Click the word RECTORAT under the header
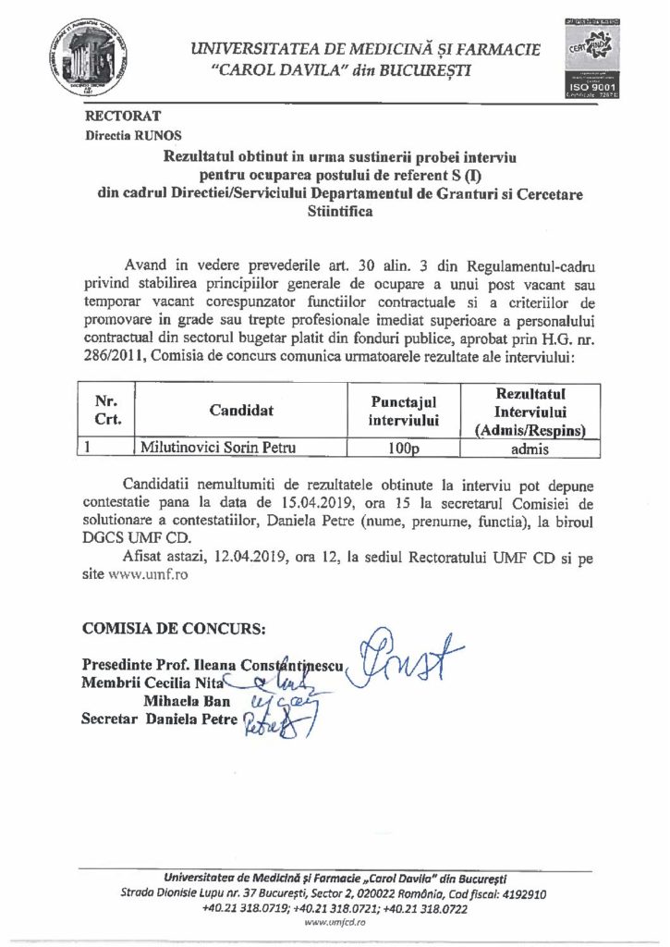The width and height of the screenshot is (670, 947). (x=123, y=117)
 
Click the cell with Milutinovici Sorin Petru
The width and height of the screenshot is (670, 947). (x=210, y=449)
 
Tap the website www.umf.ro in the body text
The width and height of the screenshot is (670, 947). (x=146, y=573)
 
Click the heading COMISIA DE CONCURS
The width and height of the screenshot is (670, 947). (x=173, y=629)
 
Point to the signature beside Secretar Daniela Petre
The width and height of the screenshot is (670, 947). (x=270, y=725)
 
